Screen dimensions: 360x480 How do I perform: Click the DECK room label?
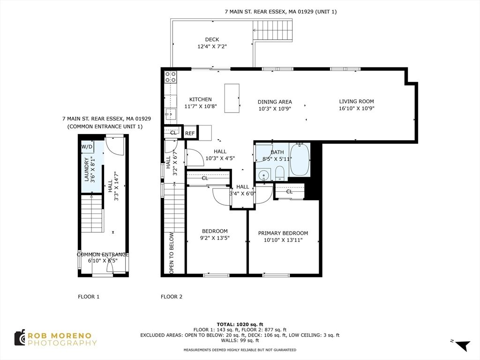(212, 39)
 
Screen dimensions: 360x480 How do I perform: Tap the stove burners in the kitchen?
(170, 77)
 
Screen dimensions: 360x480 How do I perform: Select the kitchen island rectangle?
(232, 98)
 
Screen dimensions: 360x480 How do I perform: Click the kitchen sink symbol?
(170, 113)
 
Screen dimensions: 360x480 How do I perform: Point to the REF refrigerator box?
(190, 134)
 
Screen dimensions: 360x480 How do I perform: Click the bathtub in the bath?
(300, 160)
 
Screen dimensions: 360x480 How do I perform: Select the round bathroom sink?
(263, 176)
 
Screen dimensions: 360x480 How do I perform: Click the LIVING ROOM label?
(357, 101)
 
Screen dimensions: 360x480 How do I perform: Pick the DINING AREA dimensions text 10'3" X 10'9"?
(275, 108)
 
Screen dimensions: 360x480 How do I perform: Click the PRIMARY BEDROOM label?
(283, 233)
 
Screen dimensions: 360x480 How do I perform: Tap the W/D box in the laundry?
(87, 147)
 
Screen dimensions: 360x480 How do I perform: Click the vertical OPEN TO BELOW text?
(172, 253)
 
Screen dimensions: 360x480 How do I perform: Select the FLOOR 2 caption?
(172, 297)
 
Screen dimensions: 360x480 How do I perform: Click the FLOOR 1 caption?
(89, 297)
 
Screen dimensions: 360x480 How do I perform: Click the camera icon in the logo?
(20, 338)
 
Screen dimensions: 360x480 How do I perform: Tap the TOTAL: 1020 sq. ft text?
(240, 324)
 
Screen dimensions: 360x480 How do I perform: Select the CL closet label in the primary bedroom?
(289, 191)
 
